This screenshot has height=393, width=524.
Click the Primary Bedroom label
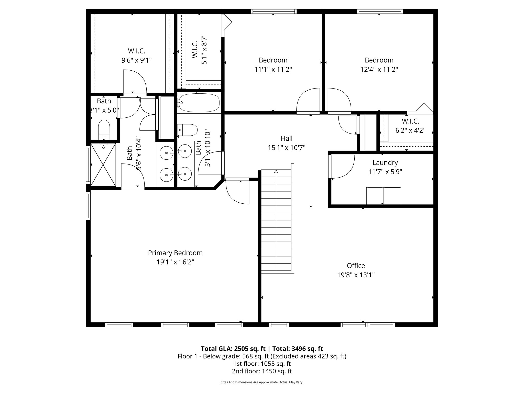(x=175, y=253)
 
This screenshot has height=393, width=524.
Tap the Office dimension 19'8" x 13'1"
(x=356, y=275)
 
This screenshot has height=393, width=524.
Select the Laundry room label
(x=385, y=162)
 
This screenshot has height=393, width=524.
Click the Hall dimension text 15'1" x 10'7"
(x=287, y=148)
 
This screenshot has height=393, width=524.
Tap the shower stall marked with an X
(x=103, y=165)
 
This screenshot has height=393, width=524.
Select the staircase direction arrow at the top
(x=276, y=171)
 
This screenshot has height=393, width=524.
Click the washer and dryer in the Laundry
(x=384, y=196)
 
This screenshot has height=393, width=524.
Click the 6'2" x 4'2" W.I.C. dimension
(x=410, y=130)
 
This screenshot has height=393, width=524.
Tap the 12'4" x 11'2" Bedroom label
(x=379, y=60)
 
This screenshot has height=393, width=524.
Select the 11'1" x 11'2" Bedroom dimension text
(x=273, y=69)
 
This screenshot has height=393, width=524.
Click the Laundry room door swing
(x=342, y=166)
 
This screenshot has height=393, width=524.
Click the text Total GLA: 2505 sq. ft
(x=233, y=349)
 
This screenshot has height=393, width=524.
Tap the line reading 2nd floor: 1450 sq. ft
(x=262, y=371)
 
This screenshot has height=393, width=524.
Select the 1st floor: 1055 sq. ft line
(x=262, y=364)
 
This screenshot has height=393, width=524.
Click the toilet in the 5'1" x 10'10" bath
(x=188, y=130)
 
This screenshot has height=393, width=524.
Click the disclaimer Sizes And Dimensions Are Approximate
(x=262, y=389)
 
